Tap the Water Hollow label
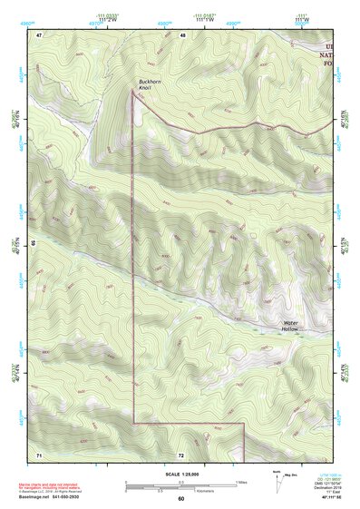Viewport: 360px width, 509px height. (290, 325)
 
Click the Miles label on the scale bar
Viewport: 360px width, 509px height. (241, 481)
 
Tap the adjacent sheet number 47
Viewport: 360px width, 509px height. (39, 34)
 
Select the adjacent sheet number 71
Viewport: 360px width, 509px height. (39, 453)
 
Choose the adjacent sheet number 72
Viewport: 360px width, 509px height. (181, 453)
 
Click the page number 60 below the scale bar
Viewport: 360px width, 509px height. (180, 498)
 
